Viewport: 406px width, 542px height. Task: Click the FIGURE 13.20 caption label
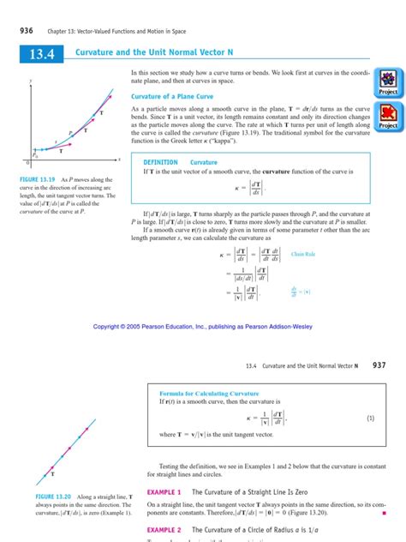pos(35,497)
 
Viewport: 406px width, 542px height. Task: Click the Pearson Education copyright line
pos(202,328)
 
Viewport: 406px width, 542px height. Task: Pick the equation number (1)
pos(370,418)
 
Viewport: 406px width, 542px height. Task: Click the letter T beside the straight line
pos(53,473)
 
